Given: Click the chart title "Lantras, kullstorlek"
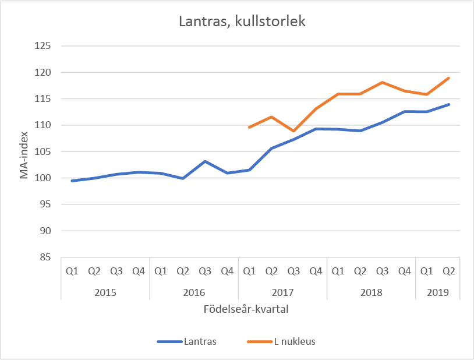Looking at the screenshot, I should (x=241, y=22).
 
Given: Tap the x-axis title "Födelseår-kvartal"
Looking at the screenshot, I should (x=246, y=309).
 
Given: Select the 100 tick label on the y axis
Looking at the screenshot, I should (x=44, y=178).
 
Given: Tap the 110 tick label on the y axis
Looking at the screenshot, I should (x=44, y=125).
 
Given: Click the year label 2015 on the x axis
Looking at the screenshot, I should (x=105, y=292).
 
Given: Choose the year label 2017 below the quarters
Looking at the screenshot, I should (x=282, y=292).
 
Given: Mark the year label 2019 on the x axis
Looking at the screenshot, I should (x=437, y=292).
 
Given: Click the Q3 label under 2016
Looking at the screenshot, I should (x=205, y=271).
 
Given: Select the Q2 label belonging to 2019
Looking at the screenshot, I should (x=449, y=271).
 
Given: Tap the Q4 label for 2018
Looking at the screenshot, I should (x=405, y=271).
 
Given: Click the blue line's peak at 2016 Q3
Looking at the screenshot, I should (x=205, y=161).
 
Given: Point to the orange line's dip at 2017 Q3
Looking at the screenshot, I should (x=293, y=131).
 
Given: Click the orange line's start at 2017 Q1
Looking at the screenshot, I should (x=249, y=127).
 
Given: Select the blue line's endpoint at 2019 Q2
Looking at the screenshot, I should (x=449, y=104).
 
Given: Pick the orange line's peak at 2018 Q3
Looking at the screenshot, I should (x=383, y=82).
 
